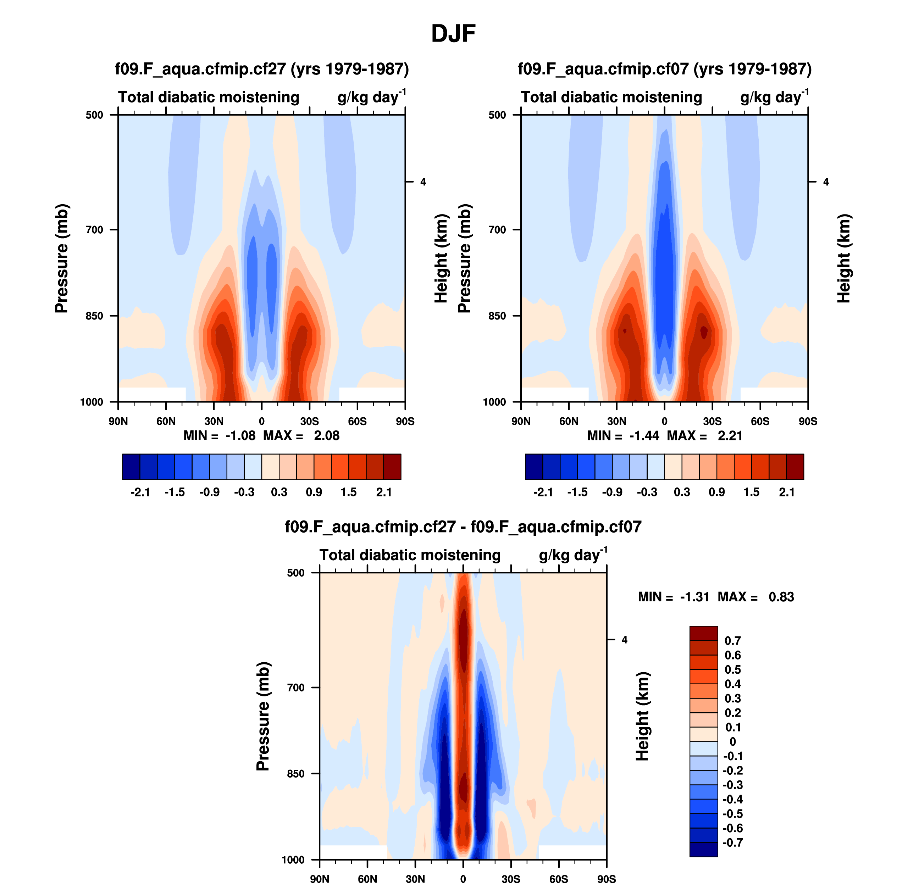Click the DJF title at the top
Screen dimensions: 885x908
(x=453, y=33)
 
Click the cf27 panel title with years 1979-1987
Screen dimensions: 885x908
(x=262, y=69)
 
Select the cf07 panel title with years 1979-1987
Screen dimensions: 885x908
(x=664, y=69)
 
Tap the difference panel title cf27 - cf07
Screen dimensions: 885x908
(x=463, y=527)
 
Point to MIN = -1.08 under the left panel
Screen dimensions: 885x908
(x=220, y=435)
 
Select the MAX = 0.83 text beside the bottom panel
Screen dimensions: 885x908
(x=755, y=597)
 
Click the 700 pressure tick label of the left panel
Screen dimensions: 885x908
(x=94, y=230)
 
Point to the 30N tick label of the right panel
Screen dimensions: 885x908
(x=616, y=422)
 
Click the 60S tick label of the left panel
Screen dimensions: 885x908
(x=357, y=422)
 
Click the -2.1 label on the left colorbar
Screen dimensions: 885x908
(x=140, y=492)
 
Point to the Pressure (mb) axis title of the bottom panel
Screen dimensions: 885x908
(x=263, y=716)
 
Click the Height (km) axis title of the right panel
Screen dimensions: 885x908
(x=843, y=258)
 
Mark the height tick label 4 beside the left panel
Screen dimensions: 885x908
(x=423, y=182)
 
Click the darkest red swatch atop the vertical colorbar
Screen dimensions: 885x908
(x=703, y=633)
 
